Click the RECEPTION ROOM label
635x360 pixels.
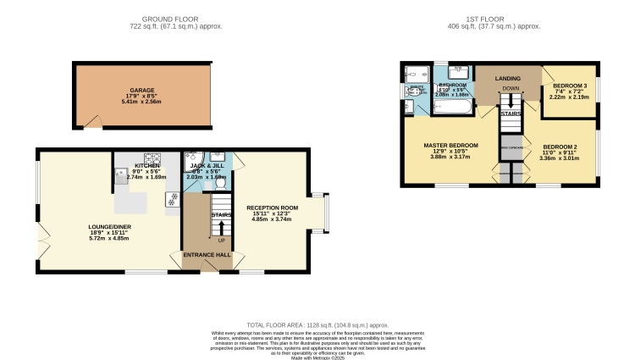[x=272, y=208]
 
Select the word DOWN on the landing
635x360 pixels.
[x=511, y=88]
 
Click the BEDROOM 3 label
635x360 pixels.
[x=571, y=86]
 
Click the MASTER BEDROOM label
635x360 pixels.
[x=450, y=145]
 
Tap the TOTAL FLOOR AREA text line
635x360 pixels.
[x=317, y=325]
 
